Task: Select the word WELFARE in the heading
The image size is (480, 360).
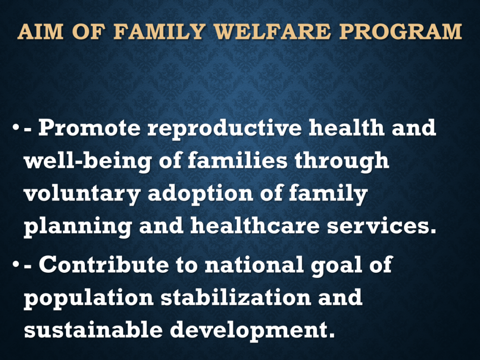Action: [x=272, y=31]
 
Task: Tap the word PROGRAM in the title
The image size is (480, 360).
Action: [x=400, y=31]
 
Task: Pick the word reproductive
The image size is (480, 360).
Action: [x=225, y=129]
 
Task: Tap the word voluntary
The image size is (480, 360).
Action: [x=82, y=195]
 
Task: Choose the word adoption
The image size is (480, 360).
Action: [x=201, y=194]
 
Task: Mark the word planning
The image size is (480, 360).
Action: [x=78, y=227]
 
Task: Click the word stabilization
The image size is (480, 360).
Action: [x=236, y=297]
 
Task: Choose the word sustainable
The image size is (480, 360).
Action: [x=93, y=330]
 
